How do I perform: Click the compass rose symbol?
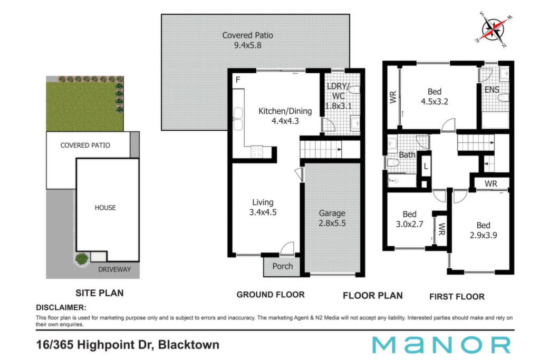(x=494, y=29)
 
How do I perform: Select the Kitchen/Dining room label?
(x=285, y=111)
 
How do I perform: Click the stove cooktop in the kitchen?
(x=257, y=152)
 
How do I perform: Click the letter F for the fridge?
(x=238, y=80)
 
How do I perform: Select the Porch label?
(x=283, y=266)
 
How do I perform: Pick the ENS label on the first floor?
(x=492, y=90)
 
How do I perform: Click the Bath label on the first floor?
(x=407, y=155)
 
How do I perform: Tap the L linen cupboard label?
(x=426, y=167)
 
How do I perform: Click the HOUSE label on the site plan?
(x=105, y=208)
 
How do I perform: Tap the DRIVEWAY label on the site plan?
(x=114, y=269)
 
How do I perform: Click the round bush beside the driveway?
(x=82, y=258)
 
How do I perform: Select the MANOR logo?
(x=441, y=345)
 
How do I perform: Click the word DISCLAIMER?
(x=61, y=307)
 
